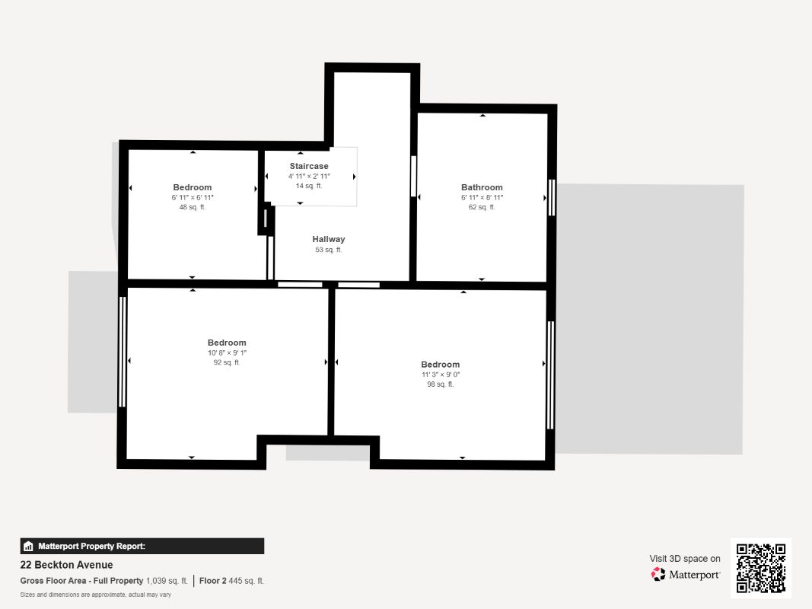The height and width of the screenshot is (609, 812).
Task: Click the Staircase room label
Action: click(x=309, y=166)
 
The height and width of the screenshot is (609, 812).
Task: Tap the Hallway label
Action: click(x=328, y=239)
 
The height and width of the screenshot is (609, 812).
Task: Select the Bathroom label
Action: click(x=482, y=187)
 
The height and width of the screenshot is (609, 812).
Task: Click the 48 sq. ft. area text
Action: click(x=192, y=207)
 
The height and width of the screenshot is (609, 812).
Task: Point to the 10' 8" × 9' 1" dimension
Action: click(x=227, y=352)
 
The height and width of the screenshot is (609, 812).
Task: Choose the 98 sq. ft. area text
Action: click(x=440, y=384)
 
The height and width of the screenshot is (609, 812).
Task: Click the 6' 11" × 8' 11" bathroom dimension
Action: click(x=482, y=197)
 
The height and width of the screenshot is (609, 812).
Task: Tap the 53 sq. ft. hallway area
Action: click(x=328, y=250)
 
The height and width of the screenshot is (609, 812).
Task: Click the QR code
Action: click(x=761, y=568)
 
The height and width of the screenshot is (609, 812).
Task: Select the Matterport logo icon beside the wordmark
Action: click(x=658, y=574)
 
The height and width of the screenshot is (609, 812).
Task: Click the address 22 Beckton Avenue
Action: click(x=66, y=565)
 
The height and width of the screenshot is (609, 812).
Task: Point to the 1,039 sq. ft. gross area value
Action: click(x=166, y=581)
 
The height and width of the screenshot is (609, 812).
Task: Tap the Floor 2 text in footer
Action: click(x=212, y=581)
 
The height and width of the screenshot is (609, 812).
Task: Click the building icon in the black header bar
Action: click(x=28, y=546)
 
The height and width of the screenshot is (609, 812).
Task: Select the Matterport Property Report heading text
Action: click(x=91, y=546)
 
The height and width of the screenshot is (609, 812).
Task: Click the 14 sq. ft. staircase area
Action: click(x=309, y=186)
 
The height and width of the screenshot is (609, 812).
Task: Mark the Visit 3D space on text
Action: click(x=685, y=559)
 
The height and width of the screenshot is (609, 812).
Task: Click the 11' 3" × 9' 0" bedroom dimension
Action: click(x=440, y=375)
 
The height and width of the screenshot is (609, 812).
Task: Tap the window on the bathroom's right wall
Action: click(x=552, y=197)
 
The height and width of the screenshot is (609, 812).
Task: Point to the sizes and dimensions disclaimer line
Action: click(x=95, y=595)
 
